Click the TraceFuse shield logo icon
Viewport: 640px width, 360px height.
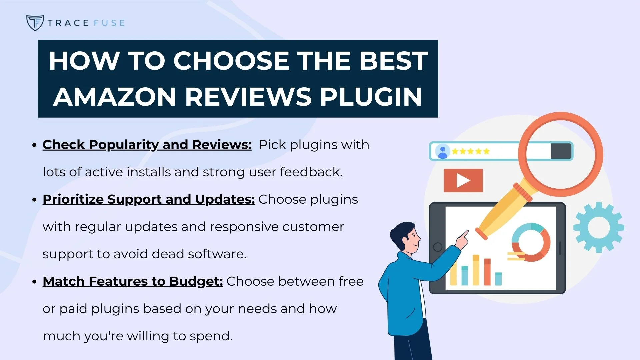[35, 23]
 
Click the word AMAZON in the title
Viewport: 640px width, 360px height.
[114, 97]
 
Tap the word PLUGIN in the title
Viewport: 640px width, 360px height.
[371, 97]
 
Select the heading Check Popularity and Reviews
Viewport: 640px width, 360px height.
[147, 145]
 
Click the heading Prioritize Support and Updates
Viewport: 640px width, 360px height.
[149, 199]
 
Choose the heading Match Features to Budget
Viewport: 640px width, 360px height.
[133, 281]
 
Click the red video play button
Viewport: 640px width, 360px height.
[463, 181]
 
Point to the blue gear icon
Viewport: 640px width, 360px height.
[599, 227]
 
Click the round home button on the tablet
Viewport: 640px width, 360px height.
[438, 247]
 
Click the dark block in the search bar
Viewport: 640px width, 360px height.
[561, 151]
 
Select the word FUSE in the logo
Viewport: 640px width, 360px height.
[109, 23]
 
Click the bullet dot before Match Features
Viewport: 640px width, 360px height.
[34, 282]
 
